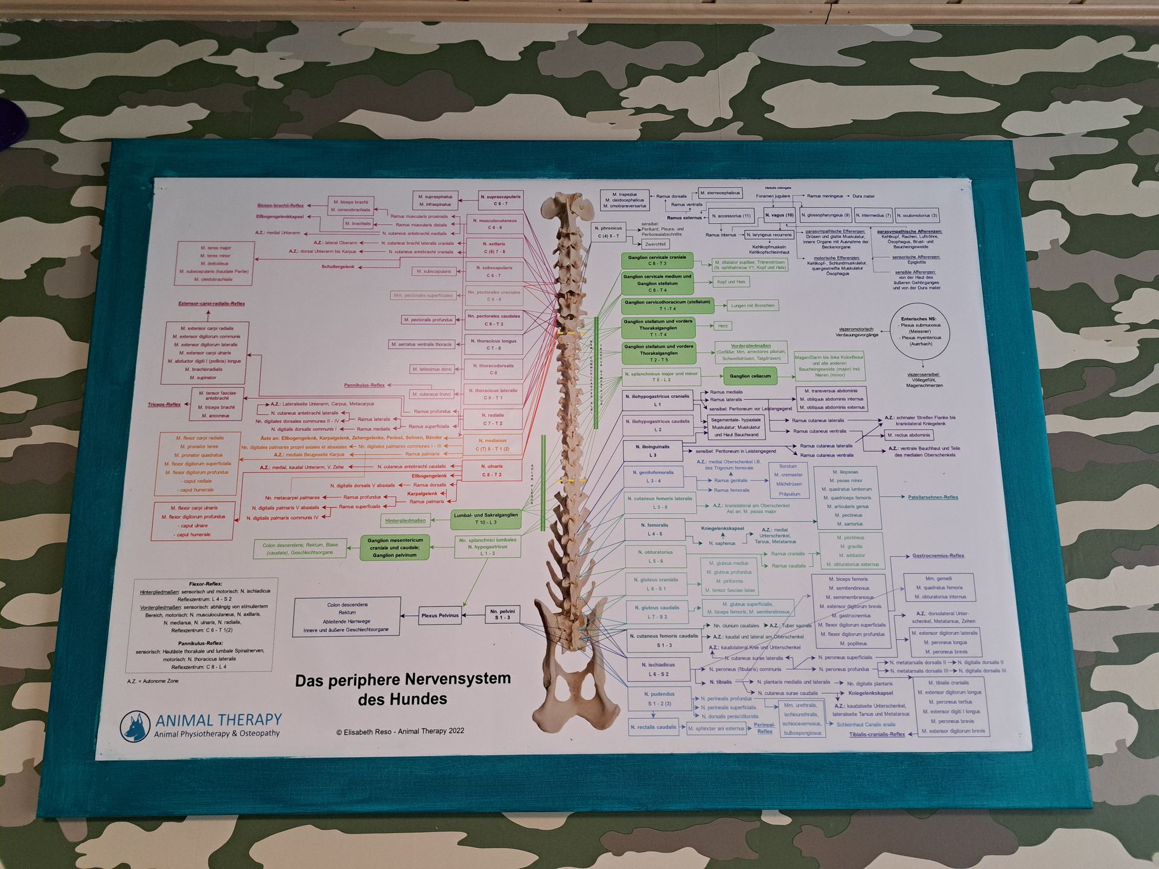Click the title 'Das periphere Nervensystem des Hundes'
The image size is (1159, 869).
click(x=403, y=689)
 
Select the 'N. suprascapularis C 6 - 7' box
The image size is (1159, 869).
click(x=500, y=200)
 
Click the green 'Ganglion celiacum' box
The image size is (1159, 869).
click(x=750, y=376)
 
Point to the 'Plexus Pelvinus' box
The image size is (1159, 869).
click(x=440, y=616)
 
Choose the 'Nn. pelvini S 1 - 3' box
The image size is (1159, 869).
click(x=502, y=614)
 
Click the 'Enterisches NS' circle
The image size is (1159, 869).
click(x=919, y=331)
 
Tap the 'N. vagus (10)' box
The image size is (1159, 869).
click(x=779, y=215)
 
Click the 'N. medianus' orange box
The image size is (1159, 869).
click(x=492, y=445)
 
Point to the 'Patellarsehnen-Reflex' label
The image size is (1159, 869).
click(x=933, y=497)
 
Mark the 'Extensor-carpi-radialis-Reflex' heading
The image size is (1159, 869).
click(x=211, y=304)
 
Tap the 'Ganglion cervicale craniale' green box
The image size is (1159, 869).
click(x=657, y=260)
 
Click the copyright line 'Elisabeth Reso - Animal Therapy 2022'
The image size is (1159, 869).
click(x=400, y=731)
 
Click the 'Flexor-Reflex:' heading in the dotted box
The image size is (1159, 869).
click(x=205, y=584)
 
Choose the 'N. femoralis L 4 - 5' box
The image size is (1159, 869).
click(x=654, y=529)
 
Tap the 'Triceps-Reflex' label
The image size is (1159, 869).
click(x=164, y=404)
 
